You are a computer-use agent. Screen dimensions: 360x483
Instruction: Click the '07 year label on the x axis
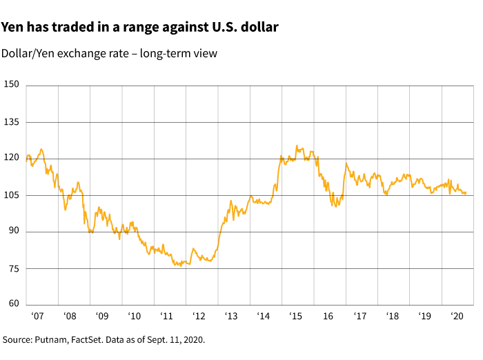[x=37, y=317]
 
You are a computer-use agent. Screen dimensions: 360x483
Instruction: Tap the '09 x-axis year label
[x=101, y=317]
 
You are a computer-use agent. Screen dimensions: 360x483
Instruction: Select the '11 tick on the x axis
[x=166, y=317]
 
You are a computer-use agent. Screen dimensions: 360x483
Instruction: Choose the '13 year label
[x=231, y=317]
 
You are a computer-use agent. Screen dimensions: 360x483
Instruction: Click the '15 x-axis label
[x=295, y=317]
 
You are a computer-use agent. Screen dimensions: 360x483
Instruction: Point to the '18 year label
[x=392, y=317]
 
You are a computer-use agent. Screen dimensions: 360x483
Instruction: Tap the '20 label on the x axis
[x=457, y=317]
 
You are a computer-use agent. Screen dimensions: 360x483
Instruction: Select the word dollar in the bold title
[x=257, y=28]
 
